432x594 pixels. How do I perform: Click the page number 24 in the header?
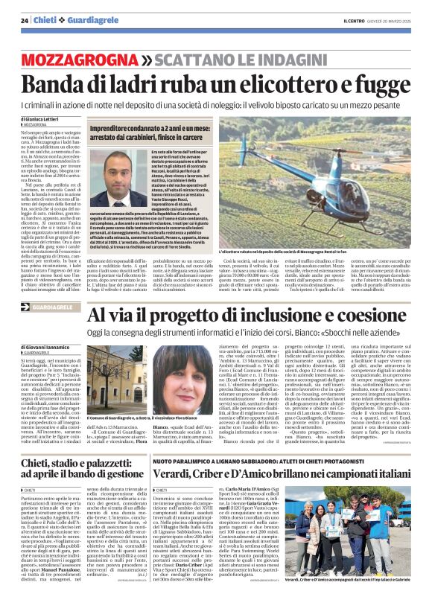tap(25, 20)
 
